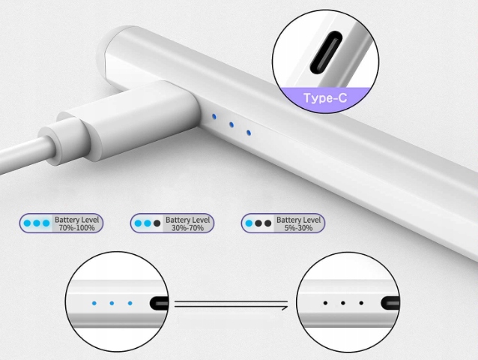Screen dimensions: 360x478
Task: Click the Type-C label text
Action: coord(324,98)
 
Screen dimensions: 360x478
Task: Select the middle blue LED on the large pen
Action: coord(232,124)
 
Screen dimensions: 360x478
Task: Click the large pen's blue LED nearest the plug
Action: coord(215,117)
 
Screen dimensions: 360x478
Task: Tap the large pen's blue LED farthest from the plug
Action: coord(249,133)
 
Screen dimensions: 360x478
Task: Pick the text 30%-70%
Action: coord(187,227)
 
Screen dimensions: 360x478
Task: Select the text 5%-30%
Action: coord(298,227)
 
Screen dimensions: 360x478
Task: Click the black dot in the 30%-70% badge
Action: coord(157,223)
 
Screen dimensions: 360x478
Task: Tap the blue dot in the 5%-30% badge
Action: coord(249,223)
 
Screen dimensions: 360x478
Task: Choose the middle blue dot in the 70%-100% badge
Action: coord(37,223)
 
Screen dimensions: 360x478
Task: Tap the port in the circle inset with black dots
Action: coord(390,304)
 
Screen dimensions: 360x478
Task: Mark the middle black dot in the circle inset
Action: coord(342,304)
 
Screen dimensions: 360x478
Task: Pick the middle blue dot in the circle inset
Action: coord(112,304)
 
